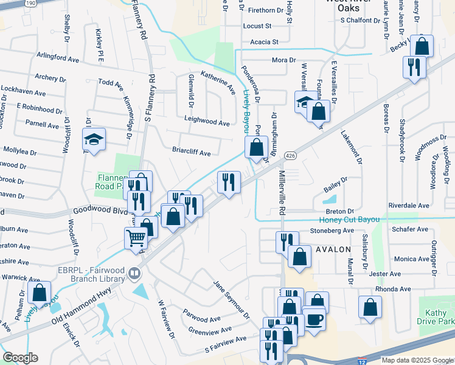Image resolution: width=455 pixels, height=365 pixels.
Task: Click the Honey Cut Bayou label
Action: click(x=349, y=220)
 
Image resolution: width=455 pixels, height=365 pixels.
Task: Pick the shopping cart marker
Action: click(x=136, y=237)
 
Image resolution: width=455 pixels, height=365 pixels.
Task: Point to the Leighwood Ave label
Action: click(x=207, y=122)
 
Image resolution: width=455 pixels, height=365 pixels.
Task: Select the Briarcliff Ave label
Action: click(x=191, y=153)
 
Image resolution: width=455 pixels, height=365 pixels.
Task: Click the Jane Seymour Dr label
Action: click(x=231, y=300)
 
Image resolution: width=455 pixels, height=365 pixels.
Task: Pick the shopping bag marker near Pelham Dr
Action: click(x=40, y=293)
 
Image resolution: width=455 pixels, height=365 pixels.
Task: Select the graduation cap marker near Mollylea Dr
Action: click(x=94, y=140)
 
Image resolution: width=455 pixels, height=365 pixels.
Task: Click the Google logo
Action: click(x=20, y=358)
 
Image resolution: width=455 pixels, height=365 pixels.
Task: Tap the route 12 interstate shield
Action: click(x=363, y=361)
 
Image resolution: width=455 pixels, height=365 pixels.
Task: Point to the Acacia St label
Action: click(x=264, y=42)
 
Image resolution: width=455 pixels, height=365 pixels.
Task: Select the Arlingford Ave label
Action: click(x=58, y=59)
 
